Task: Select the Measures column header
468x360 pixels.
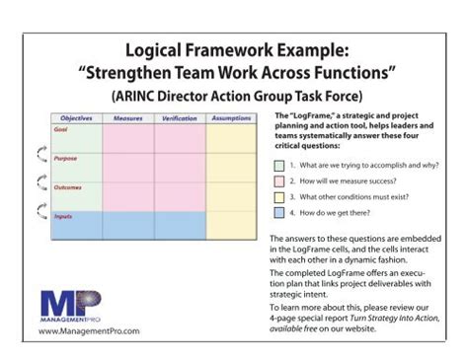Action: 127,118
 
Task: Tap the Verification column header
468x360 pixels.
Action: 179,118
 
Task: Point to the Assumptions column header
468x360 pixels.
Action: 231,118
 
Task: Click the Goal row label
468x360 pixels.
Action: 61,128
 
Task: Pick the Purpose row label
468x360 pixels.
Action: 66,158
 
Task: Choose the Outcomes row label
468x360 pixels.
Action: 68,186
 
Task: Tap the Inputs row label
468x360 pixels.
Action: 63,215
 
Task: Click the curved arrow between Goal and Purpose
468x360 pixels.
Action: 40,151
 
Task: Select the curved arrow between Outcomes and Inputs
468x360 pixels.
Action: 40,208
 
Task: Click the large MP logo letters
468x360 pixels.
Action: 68,301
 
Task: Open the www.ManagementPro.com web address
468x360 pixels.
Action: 77,332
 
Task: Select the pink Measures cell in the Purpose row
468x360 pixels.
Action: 127,167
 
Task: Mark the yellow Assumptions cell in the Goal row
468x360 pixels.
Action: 231,138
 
